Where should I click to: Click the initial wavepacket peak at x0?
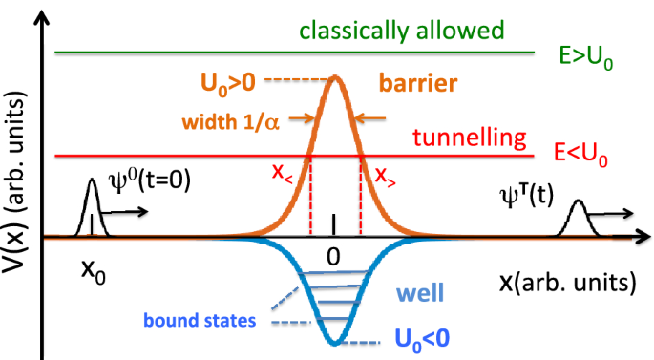92,182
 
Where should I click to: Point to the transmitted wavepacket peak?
578,203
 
